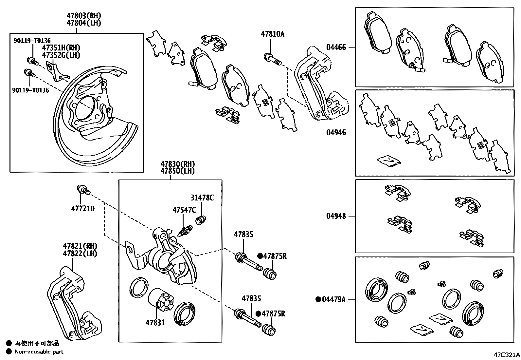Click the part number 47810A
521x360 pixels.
[x=272, y=34]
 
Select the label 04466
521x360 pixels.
[x=336, y=47]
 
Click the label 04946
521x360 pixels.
[x=336, y=133]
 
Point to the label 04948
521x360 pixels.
[x=336, y=216]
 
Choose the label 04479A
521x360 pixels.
[x=333, y=299]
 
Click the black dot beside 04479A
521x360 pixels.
[x=318, y=299]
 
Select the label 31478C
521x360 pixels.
[x=202, y=198]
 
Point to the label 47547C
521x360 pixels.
[x=184, y=210]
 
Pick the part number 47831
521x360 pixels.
[x=155, y=323]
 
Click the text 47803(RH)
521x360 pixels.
[x=84, y=16]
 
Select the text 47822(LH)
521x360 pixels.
[x=80, y=253]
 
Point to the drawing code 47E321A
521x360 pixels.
[x=507, y=355]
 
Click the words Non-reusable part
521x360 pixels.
[x=39, y=352]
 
